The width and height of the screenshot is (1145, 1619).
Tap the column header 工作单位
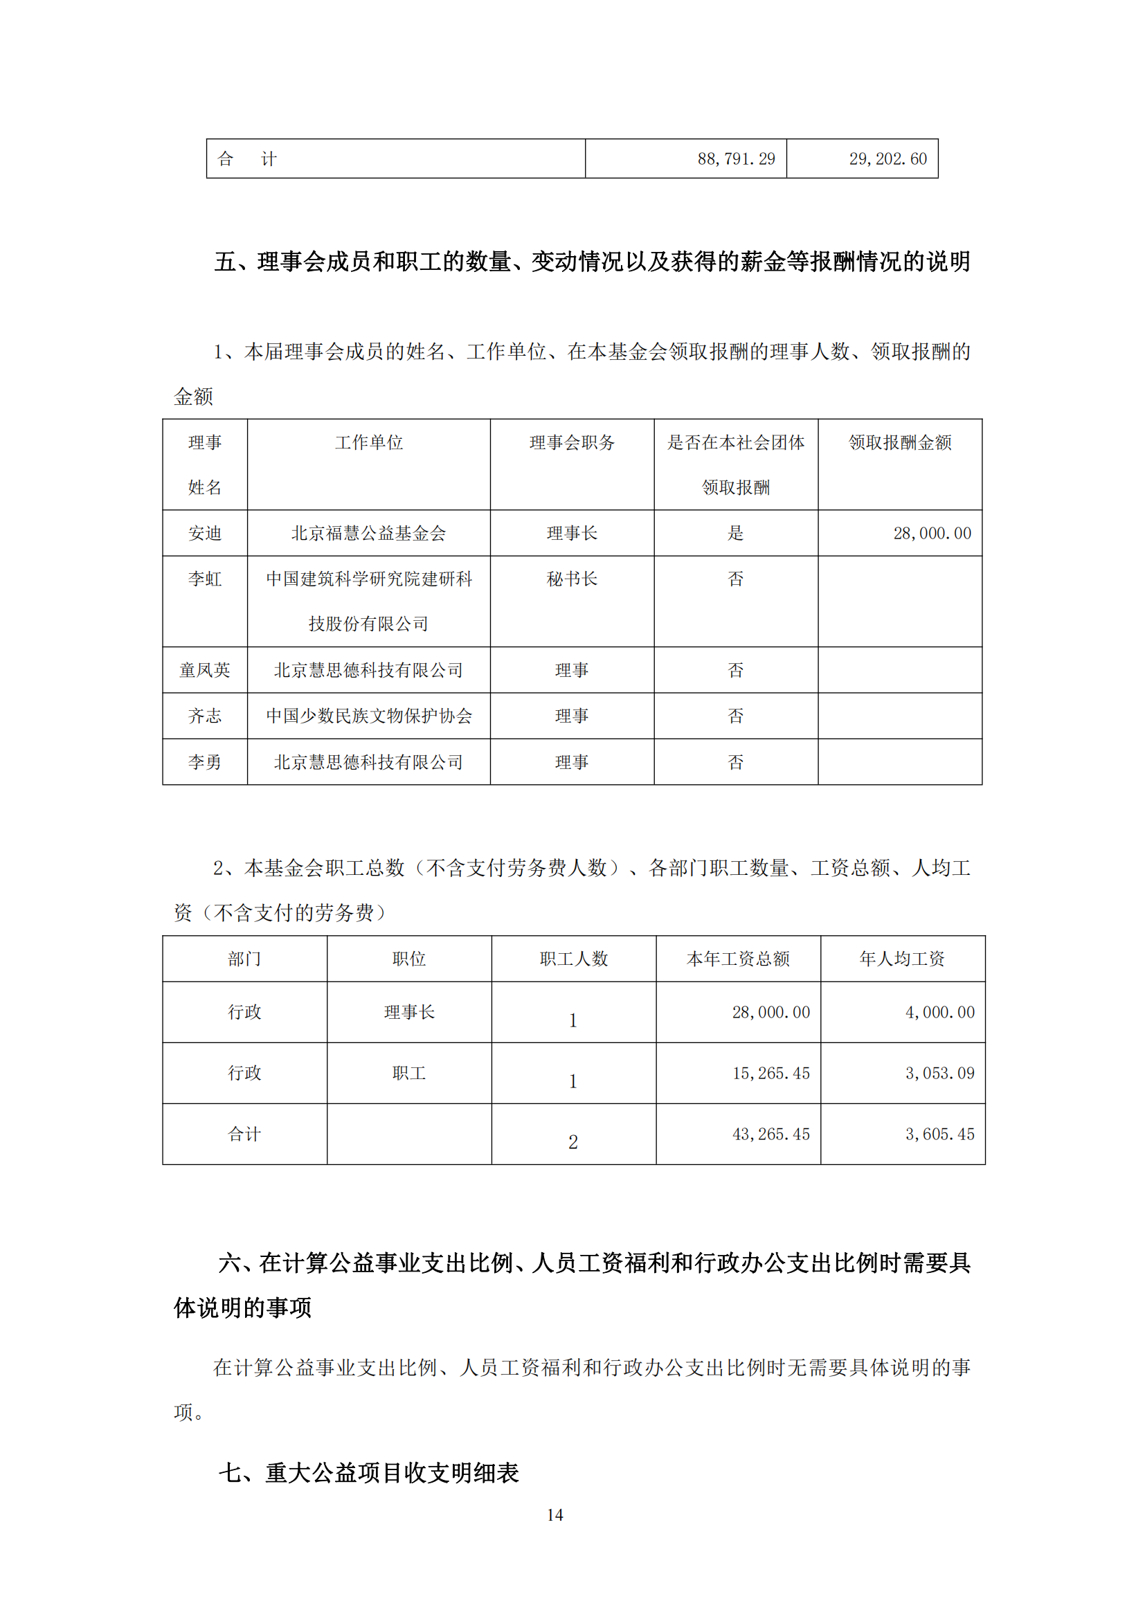(x=369, y=442)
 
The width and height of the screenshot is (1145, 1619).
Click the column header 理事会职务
(x=572, y=442)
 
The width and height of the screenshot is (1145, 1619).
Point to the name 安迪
(x=204, y=533)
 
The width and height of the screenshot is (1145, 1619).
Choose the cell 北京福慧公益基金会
(x=369, y=533)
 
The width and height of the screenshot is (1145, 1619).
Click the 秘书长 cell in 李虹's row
(x=572, y=579)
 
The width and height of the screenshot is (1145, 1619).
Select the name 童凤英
(x=204, y=670)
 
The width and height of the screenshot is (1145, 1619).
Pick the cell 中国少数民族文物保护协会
(x=369, y=716)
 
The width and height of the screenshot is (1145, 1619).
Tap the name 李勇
(x=204, y=762)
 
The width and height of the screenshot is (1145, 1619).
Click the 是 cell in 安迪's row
(x=735, y=533)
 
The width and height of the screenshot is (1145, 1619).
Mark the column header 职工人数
(x=573, y=959)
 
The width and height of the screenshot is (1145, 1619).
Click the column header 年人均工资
(x=902, y=959)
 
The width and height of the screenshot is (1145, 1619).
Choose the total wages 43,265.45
(x=770, y=1134)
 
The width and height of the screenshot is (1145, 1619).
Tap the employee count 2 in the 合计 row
(x=573, y=1142)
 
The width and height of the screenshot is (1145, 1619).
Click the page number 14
(x=555, y=1514)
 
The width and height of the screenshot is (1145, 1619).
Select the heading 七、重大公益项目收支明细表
(x=369, y=1472)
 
